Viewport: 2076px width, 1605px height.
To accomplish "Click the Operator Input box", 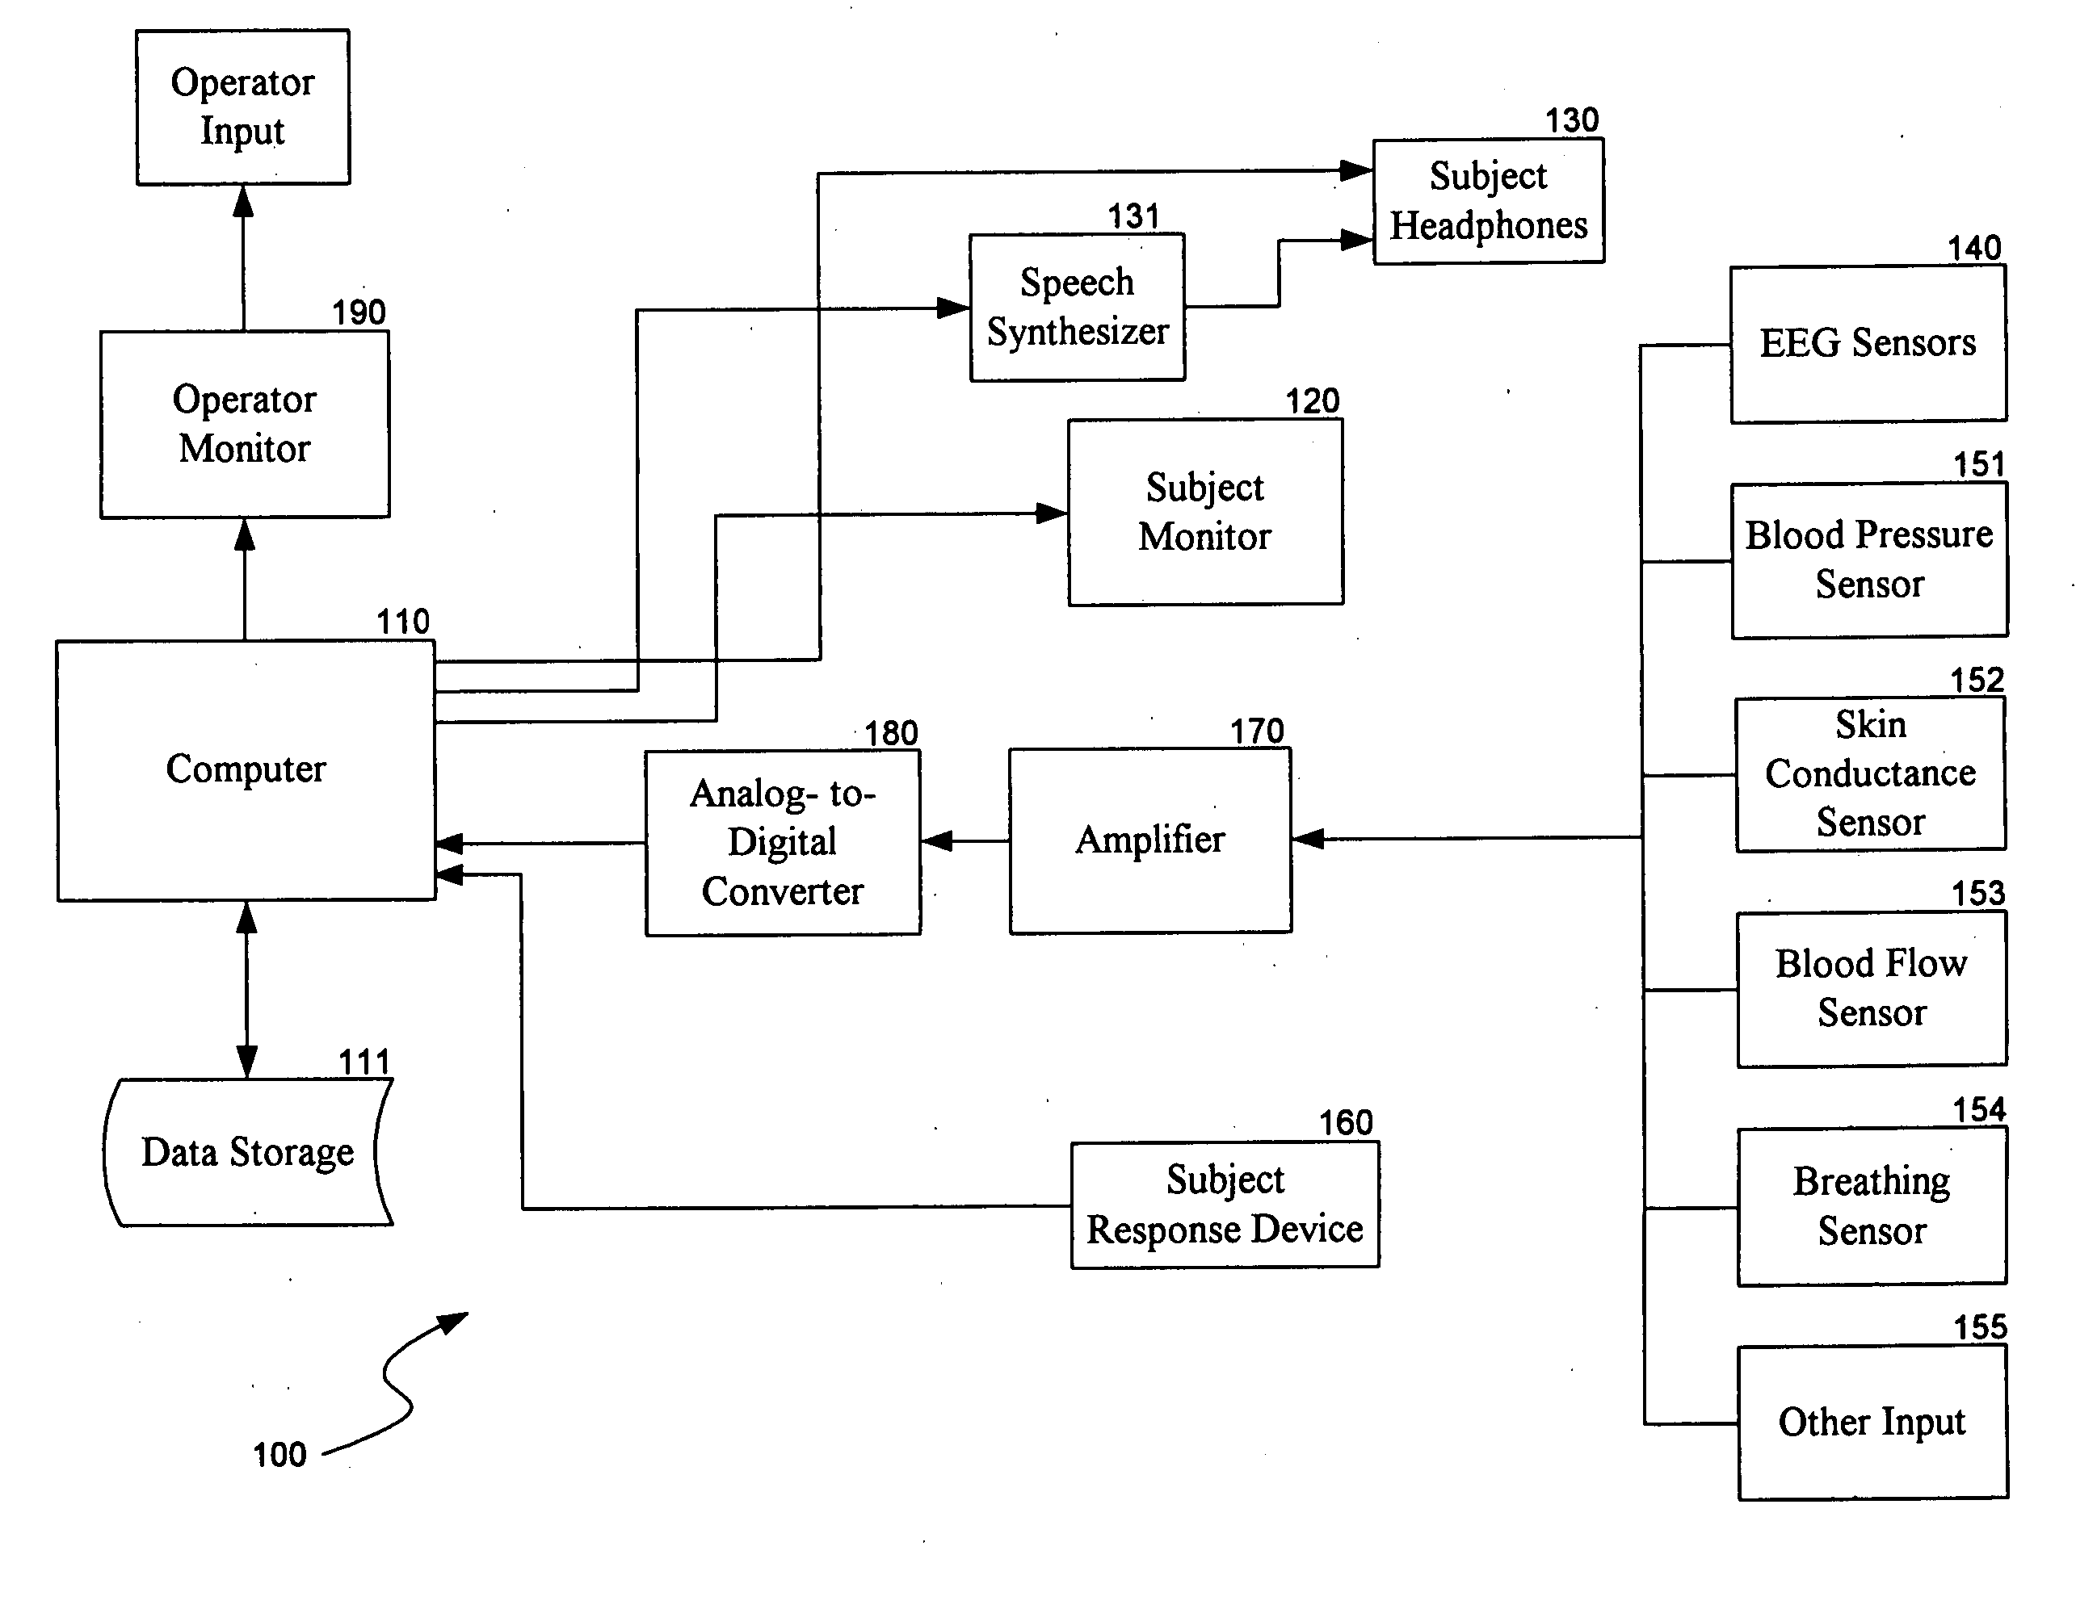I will (x=242, y=107).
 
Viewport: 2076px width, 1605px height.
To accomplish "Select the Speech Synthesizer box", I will (x=1077, y=307).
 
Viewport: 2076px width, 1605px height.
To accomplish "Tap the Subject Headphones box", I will (x=1489, y=200).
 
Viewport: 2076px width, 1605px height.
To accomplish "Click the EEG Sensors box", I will (x=1868, y=343).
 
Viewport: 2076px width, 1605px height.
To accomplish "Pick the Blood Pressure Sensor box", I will (x=1868, y=559).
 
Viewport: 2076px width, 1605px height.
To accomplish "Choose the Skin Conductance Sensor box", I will (x=1870, y=773).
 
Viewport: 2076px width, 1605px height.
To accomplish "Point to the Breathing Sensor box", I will (x=1872, y=1206).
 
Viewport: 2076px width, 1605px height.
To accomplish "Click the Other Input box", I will (x=1872, y=1422).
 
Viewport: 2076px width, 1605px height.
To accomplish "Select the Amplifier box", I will (x=1150, y=840).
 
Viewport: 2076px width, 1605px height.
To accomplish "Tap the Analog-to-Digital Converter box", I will (x=782, y=842).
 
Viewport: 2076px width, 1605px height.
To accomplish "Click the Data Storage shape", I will (x=247, y=1152).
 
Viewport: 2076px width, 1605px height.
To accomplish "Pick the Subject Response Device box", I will (x=1225, y=1205).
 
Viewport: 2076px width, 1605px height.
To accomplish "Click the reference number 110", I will (x=403, y=622).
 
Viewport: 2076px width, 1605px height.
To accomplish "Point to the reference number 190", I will (x=359, y=312).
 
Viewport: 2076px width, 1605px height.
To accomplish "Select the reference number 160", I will (x=1345, y=1122).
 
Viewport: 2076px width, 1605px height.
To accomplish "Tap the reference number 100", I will (x=279, y=1455).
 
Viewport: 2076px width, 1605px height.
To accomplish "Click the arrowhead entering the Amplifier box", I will (x=1308, y=839).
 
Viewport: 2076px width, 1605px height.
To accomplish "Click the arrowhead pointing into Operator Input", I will (x=243, y=200).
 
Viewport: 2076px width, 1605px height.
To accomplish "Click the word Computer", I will (x=246, y=769).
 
